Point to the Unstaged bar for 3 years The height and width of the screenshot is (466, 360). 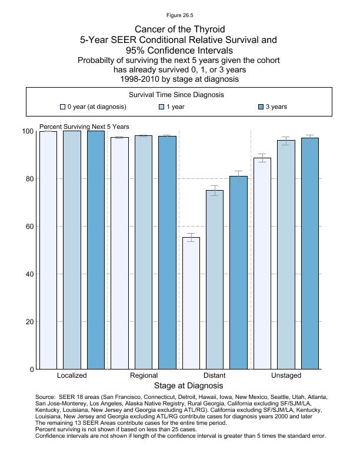pos(310,254)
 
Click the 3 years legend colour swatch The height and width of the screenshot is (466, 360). pos(261,107)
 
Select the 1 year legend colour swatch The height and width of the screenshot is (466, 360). pos(162,107)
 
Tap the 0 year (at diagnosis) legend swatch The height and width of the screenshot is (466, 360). pos(63,107)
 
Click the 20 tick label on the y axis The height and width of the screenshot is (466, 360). pos(29,322)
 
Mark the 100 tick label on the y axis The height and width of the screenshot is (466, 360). pos(27,131)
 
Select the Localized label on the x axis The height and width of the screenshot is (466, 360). pos(72,375)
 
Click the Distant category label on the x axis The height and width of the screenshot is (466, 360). pos(214,375)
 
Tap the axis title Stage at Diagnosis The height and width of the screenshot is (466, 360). pos(188,386)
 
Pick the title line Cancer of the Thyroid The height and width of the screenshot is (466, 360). pos(179,29)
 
